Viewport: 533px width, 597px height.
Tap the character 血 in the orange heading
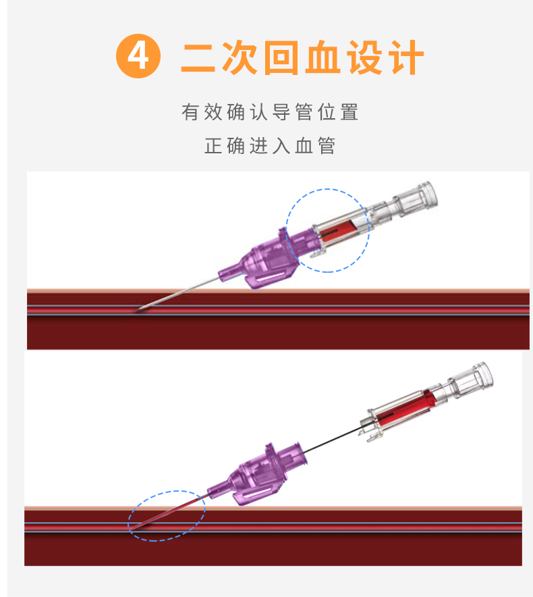click(x=324, y=57)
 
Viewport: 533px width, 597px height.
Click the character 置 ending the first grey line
click(x=349, y=112)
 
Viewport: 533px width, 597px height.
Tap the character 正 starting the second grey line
click(x=213, y=146)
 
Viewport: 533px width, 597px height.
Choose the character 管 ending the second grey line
click(x=326, y=146)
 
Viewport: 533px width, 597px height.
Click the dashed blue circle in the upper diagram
click(x=327, y=230)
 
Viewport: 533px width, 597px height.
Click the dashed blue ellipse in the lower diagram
click(x=166, y=515)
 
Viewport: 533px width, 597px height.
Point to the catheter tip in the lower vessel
click(x=133, y=527)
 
